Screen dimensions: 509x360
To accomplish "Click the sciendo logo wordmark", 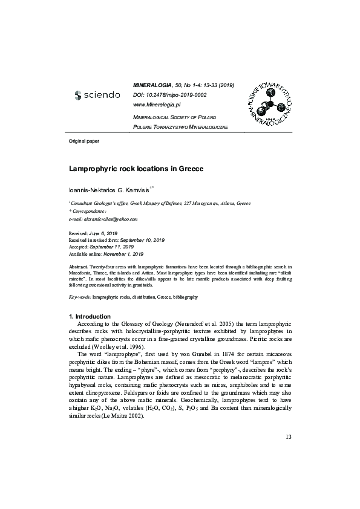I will tap(97, 95).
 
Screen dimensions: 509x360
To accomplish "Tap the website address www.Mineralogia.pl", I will tap(157, 104).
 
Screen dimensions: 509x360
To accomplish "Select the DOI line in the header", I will tap(169, 95).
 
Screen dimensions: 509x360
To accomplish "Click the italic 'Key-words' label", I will tap(79, 298).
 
